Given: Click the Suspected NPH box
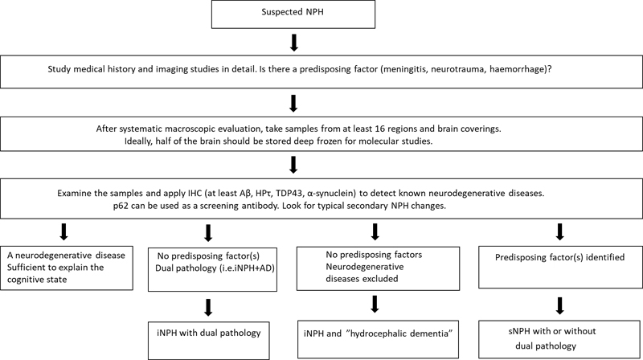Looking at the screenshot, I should tap(293, 14).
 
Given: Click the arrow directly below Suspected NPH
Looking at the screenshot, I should tap(293, 43).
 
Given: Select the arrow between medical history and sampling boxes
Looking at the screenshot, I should tap(293, 103).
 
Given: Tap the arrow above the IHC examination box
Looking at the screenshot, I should tap(293, 164).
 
